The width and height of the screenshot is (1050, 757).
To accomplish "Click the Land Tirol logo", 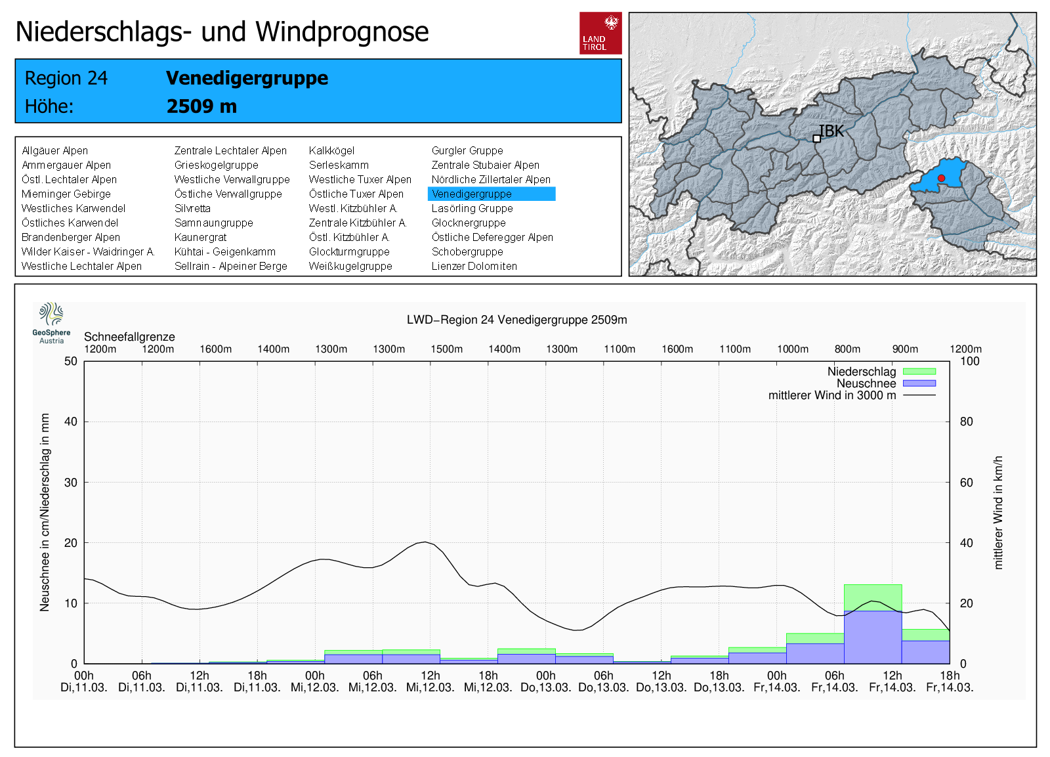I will pyautogui.click(x=600, y=33).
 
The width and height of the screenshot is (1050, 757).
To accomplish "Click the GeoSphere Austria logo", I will pyautogui.click(x=51, y=322).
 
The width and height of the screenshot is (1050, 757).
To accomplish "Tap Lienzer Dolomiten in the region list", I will pyautogui.click(x=474, y=266).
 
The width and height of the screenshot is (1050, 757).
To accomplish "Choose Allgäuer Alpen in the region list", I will pyautogui.click(x=54, y=150).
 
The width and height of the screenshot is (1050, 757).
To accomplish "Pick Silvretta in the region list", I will pyautogui.click(x=192, y=208).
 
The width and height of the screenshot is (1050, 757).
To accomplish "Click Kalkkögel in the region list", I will pyautogui.click(x=331, y=150).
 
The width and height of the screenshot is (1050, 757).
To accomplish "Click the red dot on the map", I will pyautogui.click(x=941, y=178).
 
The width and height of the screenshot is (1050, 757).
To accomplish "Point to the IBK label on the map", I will pyautogui.click(x=831, y=131).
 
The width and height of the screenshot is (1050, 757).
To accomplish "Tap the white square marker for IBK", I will pyautogui.click(x=816, y=139).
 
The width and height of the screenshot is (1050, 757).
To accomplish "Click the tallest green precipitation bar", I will pyautogui.click(x=873, y=597).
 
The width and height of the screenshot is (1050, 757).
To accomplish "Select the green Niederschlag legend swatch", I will pyautogui.click(x=919, y=372).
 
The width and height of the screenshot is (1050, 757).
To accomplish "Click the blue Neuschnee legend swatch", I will pyautogui.click(x=919, y=383).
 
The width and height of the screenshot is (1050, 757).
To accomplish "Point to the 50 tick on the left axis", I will pyautogui.click(x=71, y=361).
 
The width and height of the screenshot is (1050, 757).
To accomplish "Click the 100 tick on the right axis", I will pyautogui.click(x=969, y=361).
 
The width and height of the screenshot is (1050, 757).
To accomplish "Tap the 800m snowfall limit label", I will pyautogui.click(x=847, y=349).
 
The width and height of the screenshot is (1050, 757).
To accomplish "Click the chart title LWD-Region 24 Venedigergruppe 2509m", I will pyautogui.click(x=516, y=320).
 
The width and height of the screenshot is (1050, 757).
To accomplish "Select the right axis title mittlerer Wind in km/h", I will pyautogui.click(x=998, y=512).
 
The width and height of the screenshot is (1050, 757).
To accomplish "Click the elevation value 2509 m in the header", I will pyautogui.click(x=201, y=106).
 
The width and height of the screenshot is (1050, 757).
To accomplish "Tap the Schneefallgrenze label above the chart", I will pyautogui.click(x=129, y=337).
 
